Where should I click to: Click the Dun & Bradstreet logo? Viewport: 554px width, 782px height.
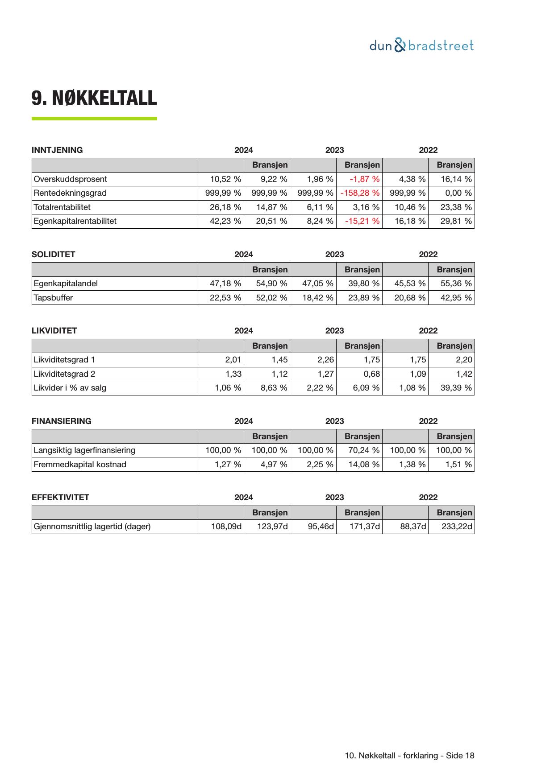coord(421,45)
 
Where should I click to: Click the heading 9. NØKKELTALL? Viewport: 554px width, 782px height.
coord(94,98)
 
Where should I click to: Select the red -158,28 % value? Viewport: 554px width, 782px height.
coord(360,193)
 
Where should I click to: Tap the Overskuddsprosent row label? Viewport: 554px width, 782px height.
coord(71,179)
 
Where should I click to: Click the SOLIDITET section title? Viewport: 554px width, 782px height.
coord(54,255)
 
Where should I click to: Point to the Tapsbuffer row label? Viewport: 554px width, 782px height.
coord(53,298)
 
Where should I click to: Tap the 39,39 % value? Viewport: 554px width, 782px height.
coord(456,388)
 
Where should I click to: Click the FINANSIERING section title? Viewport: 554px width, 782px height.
coord(62,421)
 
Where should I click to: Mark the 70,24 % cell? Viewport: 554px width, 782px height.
coord(363,450)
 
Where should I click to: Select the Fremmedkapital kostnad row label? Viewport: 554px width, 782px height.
coord(80,465)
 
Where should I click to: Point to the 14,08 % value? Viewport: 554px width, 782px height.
coord(363,465)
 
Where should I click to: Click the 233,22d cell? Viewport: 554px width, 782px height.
coord(457,527)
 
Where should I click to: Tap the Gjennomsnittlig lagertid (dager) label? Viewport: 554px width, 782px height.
coord(92,527)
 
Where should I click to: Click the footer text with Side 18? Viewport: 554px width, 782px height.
coord(409,756)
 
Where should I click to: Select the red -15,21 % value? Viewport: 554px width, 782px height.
coord(362,221)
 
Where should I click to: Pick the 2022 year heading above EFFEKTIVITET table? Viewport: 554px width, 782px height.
coord(428,498)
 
